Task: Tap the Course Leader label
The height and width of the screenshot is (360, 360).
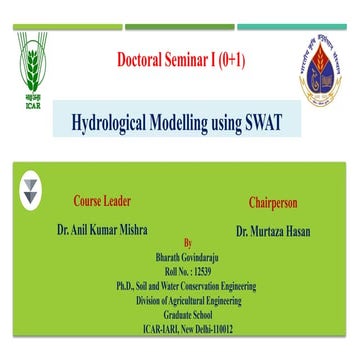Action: click(x=103, y=201)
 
